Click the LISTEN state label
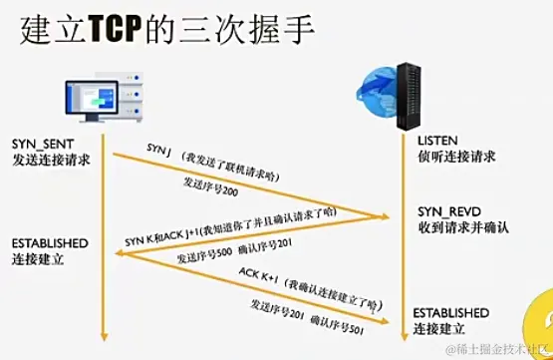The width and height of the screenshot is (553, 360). (x=437, y=141)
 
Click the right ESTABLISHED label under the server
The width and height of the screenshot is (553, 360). (x=451, y=311)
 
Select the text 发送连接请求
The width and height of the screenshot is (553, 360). (x=53, y=160)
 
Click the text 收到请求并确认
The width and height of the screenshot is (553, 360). (x=463, y=229)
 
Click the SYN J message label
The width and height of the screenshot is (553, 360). (x=159, y=150)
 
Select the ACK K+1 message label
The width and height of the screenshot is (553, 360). (x=257, y=271)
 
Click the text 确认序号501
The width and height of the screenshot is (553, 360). (x=341, y=321)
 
